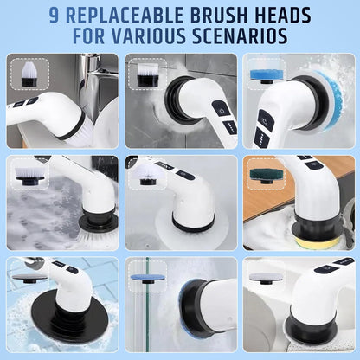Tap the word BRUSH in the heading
click(x=233, y=15)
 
